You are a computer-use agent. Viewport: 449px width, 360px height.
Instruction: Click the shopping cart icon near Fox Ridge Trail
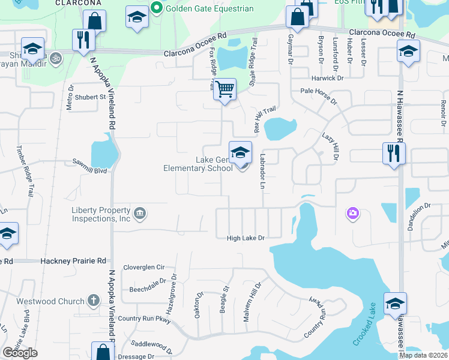click(224, 89)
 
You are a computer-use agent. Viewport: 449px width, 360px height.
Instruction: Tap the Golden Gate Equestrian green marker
click(157, 8)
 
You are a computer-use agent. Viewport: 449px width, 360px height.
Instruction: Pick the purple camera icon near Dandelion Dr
click(352, 213)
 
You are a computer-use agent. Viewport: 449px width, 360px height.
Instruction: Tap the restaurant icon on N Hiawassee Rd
click(394, 152)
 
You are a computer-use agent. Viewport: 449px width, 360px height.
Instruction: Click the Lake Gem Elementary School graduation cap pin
click(240, 152)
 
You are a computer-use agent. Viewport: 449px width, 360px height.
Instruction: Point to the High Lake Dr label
click(246, 238)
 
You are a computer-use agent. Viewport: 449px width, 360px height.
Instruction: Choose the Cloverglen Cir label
click(143, 267)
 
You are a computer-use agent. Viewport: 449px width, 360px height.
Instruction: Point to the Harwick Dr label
click(327, 78)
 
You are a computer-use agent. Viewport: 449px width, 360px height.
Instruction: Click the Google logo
click(20, 353)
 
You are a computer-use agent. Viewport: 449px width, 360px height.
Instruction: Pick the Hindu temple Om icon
click(55, 59)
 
